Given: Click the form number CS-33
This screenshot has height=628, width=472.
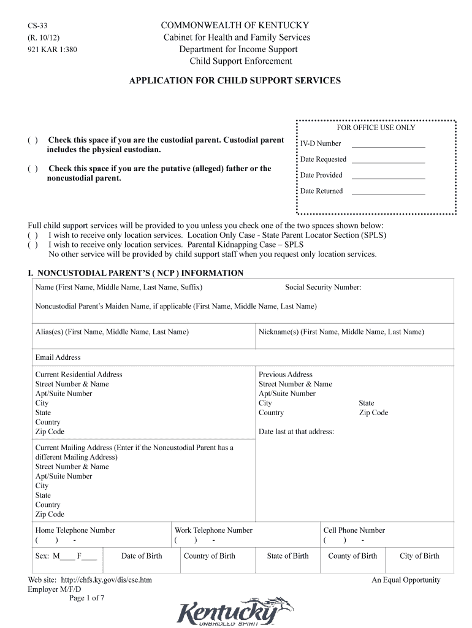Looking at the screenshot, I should (37, 26).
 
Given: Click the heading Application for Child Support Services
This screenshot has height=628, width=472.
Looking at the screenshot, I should (235, 80).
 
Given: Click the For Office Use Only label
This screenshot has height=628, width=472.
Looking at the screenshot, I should (376, 128).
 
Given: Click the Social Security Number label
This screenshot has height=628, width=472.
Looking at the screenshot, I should (323, 287).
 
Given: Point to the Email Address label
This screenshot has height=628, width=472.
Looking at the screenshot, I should (58, 358).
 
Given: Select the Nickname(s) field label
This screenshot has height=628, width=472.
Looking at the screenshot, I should (341, 332).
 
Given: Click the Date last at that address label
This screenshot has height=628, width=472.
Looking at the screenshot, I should (296, 432).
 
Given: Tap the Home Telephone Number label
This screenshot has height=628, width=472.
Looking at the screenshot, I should (75, 530).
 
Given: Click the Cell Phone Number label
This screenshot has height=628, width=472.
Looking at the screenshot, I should (354, 530).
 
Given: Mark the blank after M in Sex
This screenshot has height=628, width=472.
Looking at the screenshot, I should (68, 557).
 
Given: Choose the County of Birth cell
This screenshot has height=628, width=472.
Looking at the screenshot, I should (352, 556).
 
